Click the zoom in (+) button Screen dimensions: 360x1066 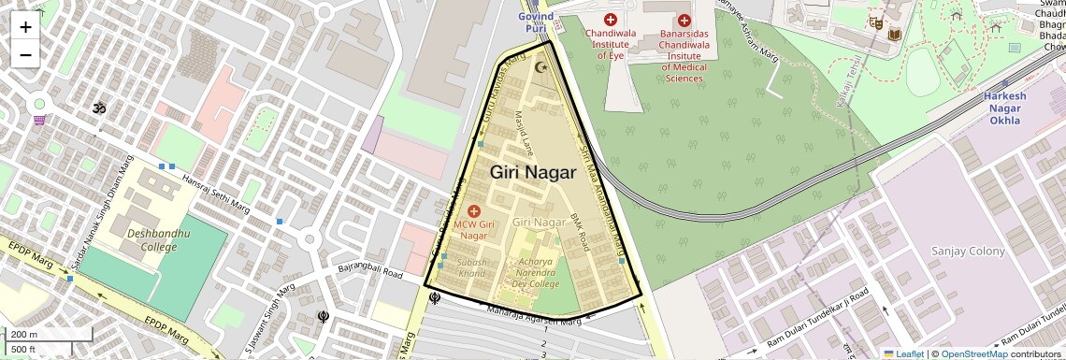(x=25, y=27)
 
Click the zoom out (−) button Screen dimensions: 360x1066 (x=25, y=54)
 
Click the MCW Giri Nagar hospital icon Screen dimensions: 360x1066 (x=473, y=211)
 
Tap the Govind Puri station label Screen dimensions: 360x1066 (x=536, y=22)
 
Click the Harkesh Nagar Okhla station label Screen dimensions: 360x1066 (x=1003, y=108)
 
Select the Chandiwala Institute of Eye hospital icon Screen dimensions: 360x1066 (x=611, y=20)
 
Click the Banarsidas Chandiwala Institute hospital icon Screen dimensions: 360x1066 (x=684, y=21)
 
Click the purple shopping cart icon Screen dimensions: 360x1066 (x=39, y=120)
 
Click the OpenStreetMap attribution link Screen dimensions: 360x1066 (x=973, y=353)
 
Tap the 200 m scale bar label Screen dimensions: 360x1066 (x=24, y=334)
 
